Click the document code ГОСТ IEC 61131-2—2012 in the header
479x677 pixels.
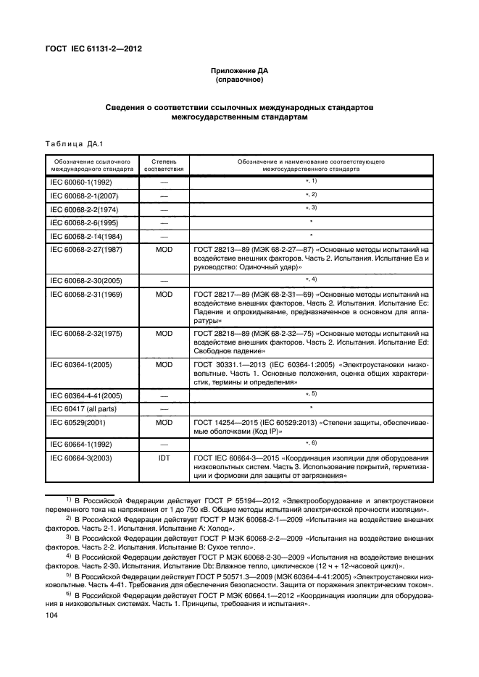pyautogui.click(x=94, y=49)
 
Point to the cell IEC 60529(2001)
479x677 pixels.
pyautogui.click(x=75, y=421)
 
